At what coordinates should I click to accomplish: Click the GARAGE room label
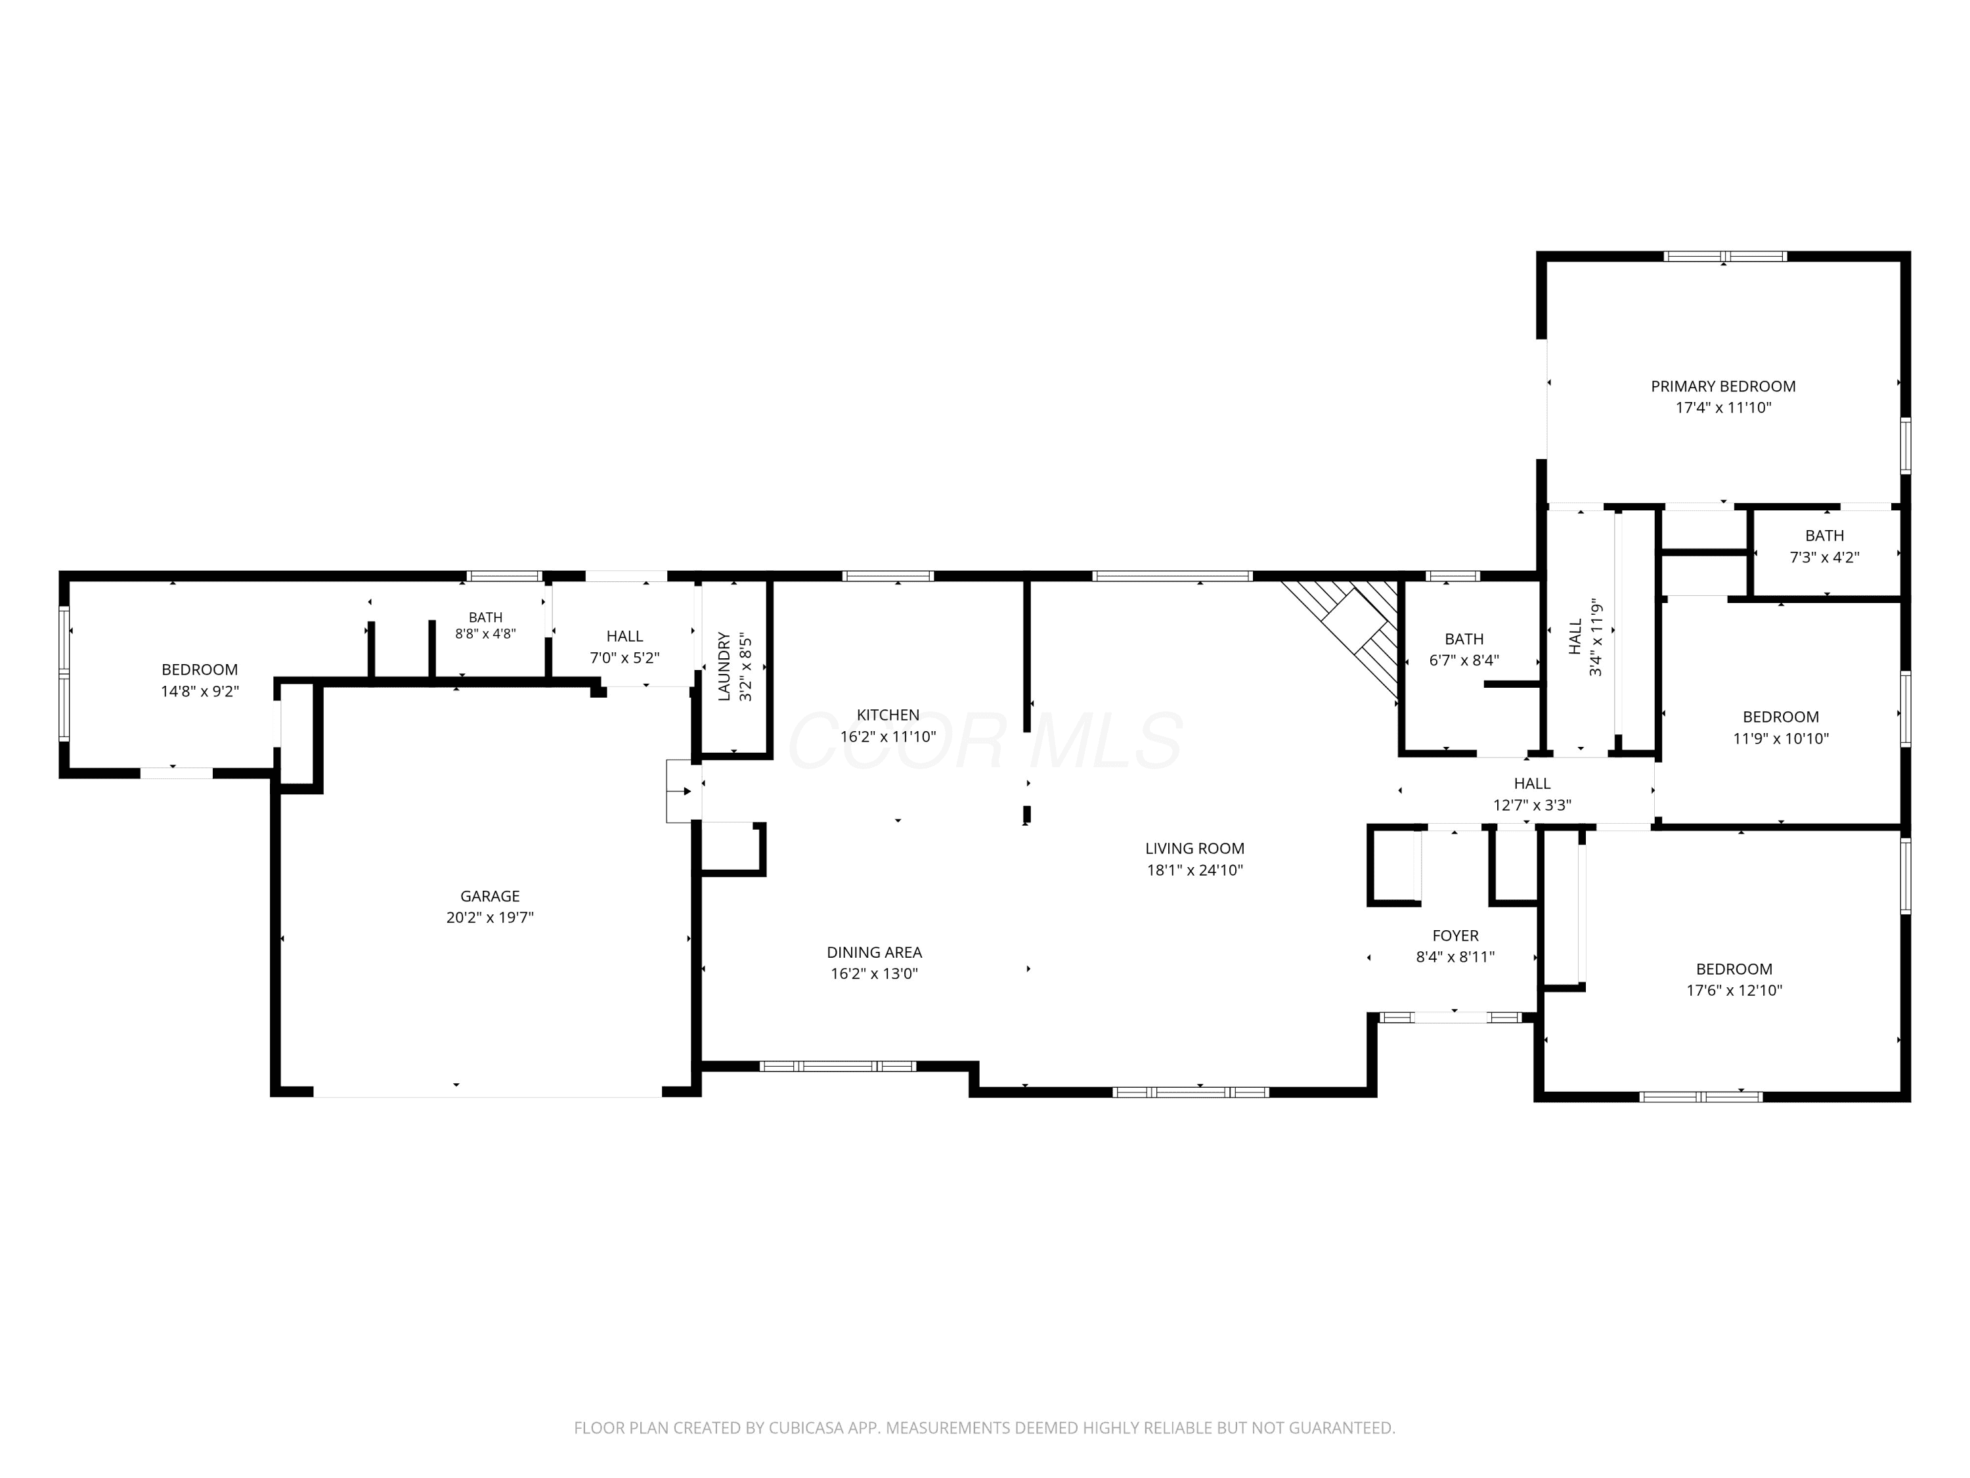490,896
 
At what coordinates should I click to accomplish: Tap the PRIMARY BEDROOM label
1723,387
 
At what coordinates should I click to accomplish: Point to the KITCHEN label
888,715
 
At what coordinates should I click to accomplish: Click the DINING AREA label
875,952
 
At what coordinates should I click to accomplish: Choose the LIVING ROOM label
1195,849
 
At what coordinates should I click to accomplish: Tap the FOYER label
1455,935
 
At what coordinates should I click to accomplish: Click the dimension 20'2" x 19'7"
490,918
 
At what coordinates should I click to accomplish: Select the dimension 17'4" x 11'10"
1723,408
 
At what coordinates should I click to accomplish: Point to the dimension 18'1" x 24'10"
1195,870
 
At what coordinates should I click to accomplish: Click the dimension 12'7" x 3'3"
1532,805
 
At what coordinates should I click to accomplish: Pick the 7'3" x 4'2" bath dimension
1825,558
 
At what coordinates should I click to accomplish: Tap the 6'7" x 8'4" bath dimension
1464,661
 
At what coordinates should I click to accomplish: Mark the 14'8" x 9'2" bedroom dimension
200,691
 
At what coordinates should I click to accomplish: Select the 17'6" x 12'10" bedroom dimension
1734,991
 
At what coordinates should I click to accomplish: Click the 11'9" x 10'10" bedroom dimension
1780,738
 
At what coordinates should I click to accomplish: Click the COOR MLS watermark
985,741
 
